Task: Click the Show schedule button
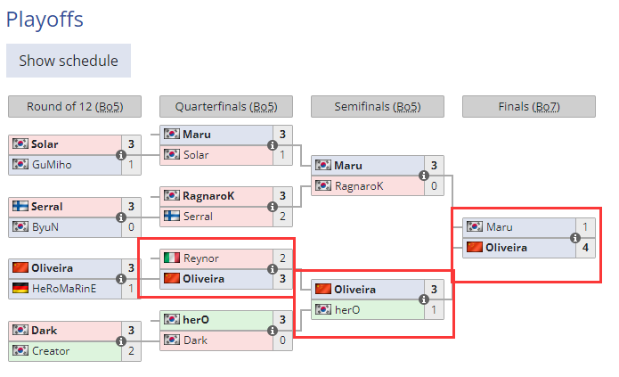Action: [x=69, y=61]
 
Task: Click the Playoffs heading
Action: [x=52, y=17]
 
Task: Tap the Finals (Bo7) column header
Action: [x=528, y=107]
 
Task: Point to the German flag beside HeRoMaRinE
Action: [x=20, y=288]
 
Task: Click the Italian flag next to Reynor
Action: [x=172, y=258]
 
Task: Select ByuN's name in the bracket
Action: [x=45, y=226]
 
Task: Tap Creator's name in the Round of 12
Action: [x=50, y=350]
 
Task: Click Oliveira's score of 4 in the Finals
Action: [x=585, y=247]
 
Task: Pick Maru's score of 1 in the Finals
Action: [x=585, y=226]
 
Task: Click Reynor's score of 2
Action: [x=282, y=258]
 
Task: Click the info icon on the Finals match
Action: [x=575, y=237]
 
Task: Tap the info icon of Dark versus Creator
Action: [x=121, y=340]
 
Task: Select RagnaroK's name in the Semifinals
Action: [x=359, y=185]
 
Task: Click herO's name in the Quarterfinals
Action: [x=196, y=319]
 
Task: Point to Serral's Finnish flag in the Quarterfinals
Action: [x=172, y=216]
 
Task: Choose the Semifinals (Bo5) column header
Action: [x=377, y=107]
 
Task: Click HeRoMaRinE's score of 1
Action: [x=131, y=288]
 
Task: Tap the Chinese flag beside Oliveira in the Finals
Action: [x=475, y=247]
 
